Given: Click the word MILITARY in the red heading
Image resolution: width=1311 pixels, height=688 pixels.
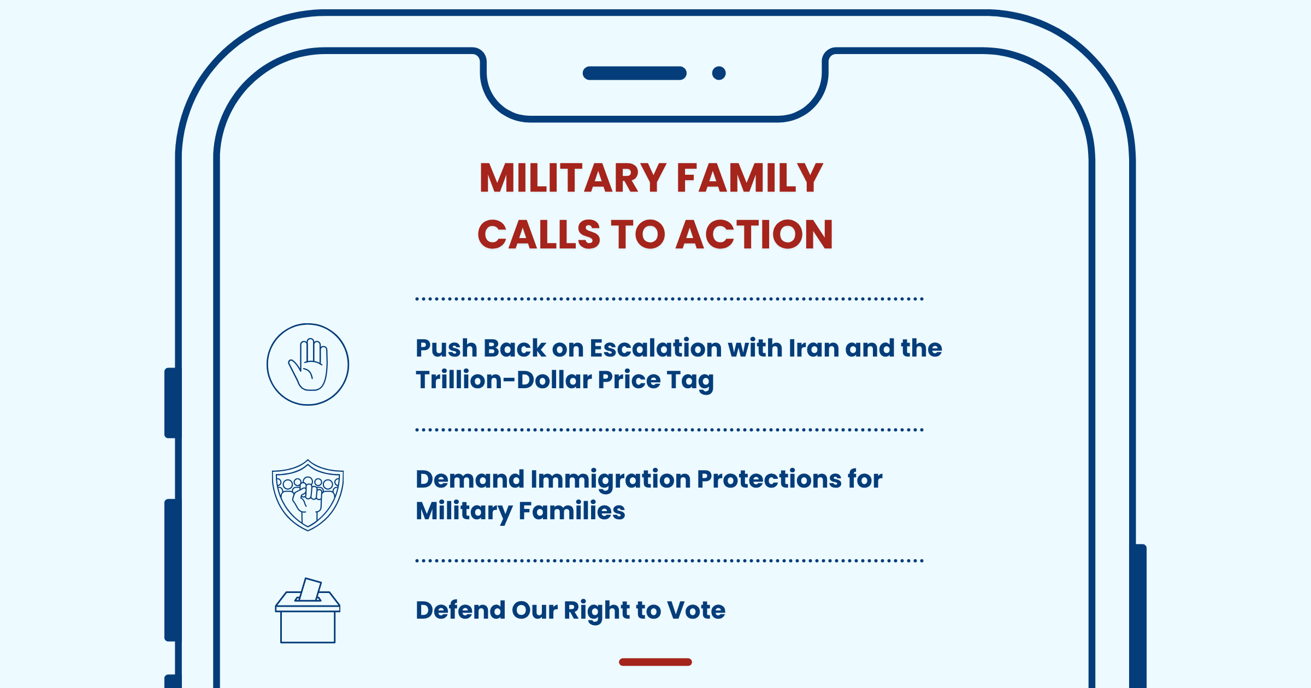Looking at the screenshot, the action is click(x=572, y=178).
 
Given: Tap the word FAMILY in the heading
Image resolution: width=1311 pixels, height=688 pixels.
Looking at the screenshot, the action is click(x=750, y=178).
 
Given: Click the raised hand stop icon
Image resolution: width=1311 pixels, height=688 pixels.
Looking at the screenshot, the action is click(x=308, y=364).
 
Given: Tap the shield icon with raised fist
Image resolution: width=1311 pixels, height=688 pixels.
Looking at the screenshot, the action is click(x=308, y=495).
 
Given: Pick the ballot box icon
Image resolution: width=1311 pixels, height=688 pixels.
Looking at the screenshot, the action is click(x=308, y=610).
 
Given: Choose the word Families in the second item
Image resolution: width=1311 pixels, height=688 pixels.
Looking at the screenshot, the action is click(x=571, y=511).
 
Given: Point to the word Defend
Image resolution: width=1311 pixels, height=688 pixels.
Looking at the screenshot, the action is click(x=460, y=610).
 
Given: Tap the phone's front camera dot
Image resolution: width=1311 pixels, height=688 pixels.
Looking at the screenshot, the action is click(x=719, y=73).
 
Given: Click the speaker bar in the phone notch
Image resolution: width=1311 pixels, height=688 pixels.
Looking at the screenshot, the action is click(x=635, y=73).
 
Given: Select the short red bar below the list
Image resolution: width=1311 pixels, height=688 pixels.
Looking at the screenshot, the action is click(x=655, y=662).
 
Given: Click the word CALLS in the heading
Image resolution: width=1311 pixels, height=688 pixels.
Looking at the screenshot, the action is click(x=539, y=235).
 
